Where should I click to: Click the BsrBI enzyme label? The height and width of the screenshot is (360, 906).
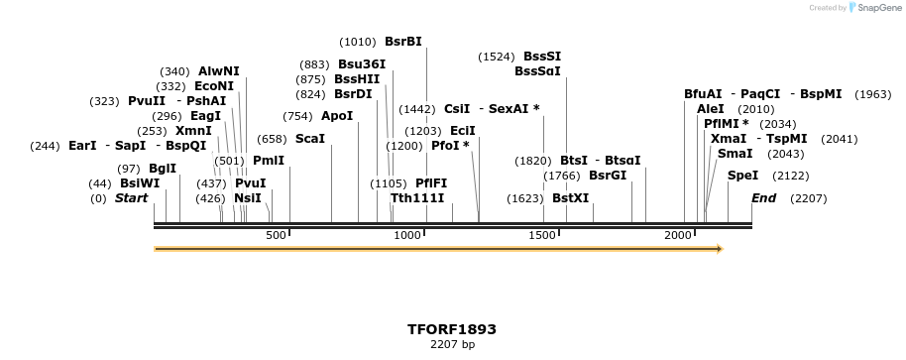pyautogui.click(x=403, y=42)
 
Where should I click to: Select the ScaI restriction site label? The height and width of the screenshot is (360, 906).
pyautogui.click(x=310, y=139)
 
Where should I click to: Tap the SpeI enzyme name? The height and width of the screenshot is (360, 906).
pyautogui.click(x=742, y=176)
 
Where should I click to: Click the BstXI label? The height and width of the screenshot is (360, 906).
pyautogui.click(x=571, y=198)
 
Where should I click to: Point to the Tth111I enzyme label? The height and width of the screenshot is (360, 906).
pyautogui.click(x=417, y=198)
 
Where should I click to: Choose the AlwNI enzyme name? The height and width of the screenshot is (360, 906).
pyautogui.click(x=218, y=71)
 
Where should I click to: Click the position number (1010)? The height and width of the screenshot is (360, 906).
pyautogui.click(x=358, y=42)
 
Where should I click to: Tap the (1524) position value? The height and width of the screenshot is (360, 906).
pyautogui.click(x=497, y=57)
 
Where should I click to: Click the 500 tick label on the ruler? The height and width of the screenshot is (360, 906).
pyautogui.click(x=276, y=235)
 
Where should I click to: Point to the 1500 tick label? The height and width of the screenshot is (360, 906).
pyautogui.click(x=543, y=235)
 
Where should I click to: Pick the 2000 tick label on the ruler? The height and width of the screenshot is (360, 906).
pyautogui.click(x=678, y=235)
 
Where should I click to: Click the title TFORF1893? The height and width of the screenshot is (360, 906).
pyautogui.click(x=452, y=329)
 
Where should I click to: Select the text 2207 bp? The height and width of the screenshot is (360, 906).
pyautogui.click(x=452, y=345)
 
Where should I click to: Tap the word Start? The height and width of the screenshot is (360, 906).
pyautogui.click(x=131, y=198)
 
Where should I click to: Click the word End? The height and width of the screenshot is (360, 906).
pyautogui.click(x=763, y=198)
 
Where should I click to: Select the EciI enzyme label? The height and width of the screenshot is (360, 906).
pyautogui.click(x=463, y=131)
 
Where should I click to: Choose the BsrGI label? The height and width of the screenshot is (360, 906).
pyautogui.click(x=608, y=176)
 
